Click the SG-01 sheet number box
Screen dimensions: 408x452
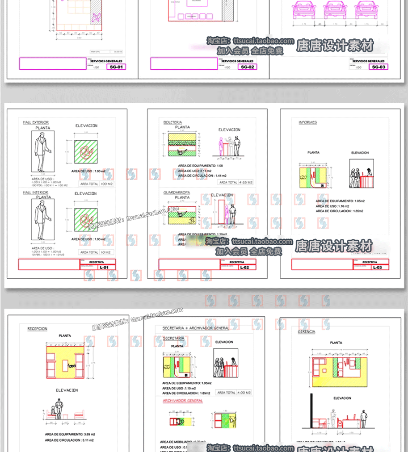(116, 67)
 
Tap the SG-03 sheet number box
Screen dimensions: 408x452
(379, 67)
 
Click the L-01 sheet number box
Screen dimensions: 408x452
(104, 268)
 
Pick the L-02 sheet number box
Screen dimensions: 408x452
(244, 268)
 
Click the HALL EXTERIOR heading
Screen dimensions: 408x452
(36, 122)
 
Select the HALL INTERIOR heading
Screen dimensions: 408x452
(36, 193)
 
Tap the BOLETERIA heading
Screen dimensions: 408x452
(172, 122)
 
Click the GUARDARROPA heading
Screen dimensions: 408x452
(177, 193)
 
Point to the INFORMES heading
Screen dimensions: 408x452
(308, 122)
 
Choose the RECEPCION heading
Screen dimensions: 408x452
(37, 329)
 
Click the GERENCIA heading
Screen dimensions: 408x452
(307, 332)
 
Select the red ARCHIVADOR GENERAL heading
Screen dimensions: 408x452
(183, 401)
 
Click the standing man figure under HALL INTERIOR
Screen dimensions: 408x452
(43, 219)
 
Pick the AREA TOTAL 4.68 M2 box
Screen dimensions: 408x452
(236, 182)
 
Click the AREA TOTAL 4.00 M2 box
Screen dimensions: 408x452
(234, 393)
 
